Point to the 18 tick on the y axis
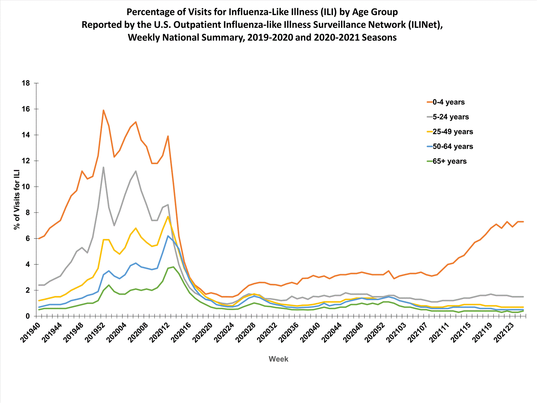pos(26,83)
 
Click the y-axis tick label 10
pos(26,187)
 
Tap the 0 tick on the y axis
pos(28,316)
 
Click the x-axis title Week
pos(278,359)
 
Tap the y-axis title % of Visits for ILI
pos(16,200)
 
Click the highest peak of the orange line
pos(103,110)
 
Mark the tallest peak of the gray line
pos(103,167)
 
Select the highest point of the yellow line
pos(168,216)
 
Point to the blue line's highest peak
pos(168,236)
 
